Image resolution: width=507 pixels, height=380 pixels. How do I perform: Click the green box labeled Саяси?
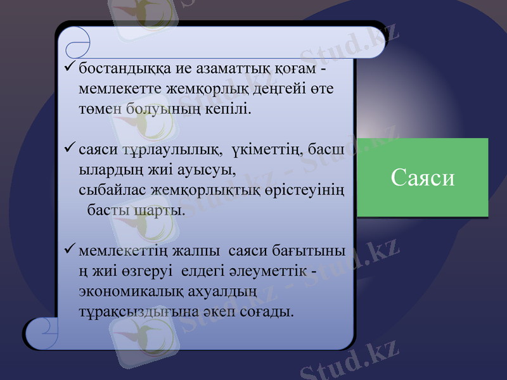[423, 178]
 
